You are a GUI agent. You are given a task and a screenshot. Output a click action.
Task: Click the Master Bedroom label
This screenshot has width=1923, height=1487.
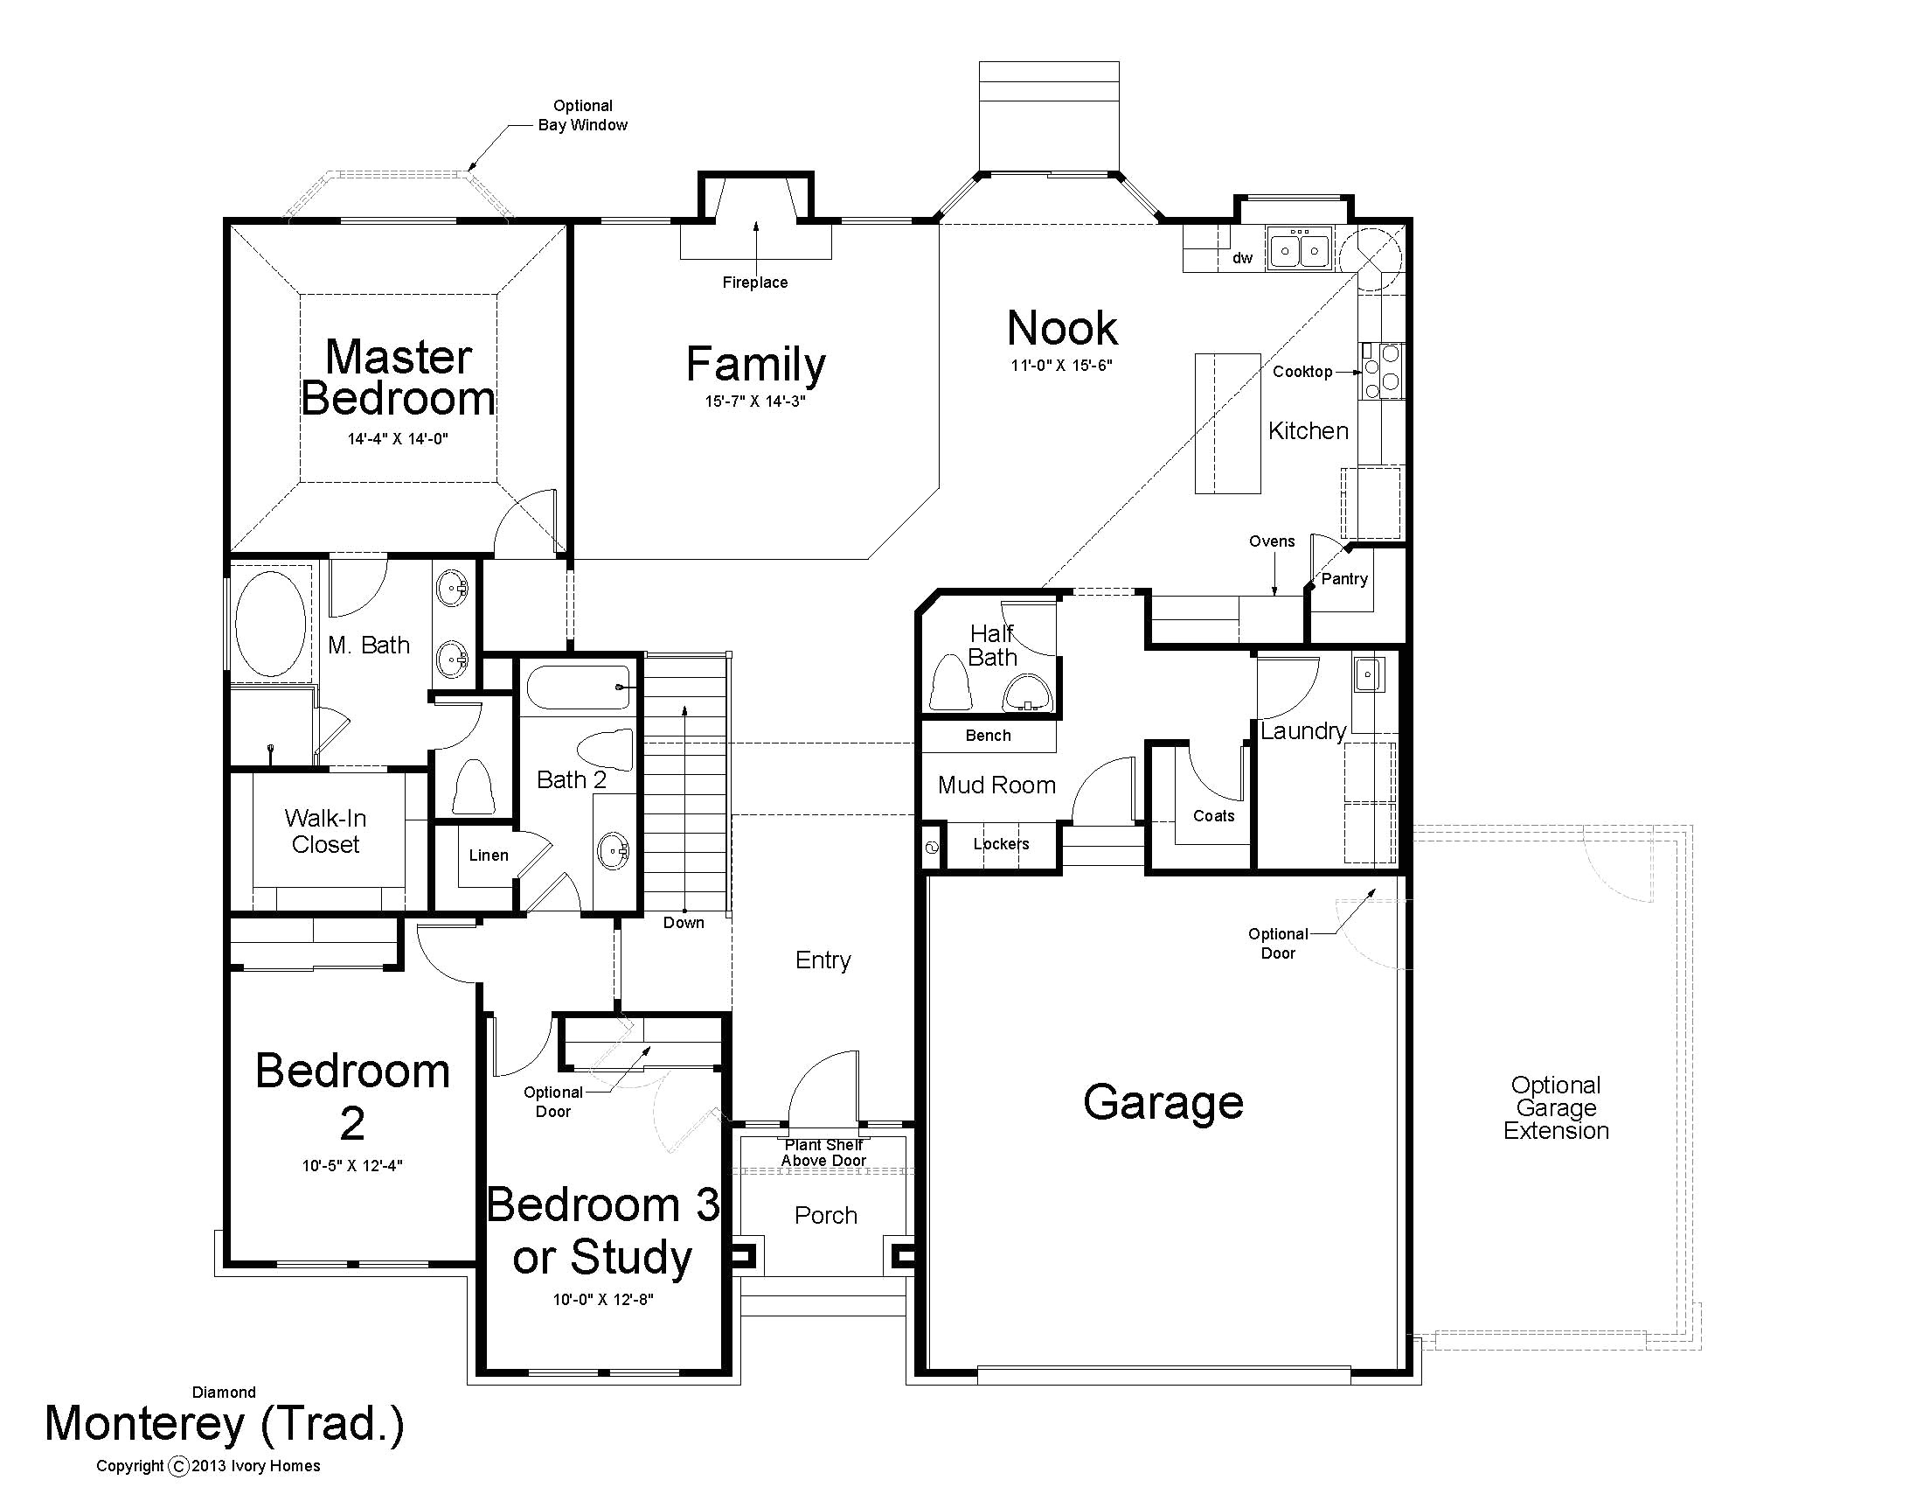point(398,377)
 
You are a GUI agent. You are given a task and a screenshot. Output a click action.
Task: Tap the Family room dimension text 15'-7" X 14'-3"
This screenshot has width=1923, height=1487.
point(755,401)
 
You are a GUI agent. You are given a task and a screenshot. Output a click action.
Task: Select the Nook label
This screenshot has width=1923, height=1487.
point(1062,328)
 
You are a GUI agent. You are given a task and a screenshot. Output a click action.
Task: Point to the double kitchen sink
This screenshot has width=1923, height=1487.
point(1300,250)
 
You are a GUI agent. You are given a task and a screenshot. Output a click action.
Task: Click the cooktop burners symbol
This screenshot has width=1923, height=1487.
point(1383,371)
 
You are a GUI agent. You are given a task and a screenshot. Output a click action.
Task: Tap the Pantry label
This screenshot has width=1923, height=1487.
point(1344,579)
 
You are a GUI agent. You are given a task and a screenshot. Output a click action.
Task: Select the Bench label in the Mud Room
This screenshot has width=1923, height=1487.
point(988,736)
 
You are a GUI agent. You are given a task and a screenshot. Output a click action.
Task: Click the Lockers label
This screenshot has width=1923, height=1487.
point(1001,844)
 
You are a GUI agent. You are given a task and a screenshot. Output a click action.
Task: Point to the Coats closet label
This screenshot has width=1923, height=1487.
point(1213,816)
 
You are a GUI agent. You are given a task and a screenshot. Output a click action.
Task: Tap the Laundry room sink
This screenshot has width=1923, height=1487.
point(1368,674)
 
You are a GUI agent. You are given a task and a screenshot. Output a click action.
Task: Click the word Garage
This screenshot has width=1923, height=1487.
point(1163,1102)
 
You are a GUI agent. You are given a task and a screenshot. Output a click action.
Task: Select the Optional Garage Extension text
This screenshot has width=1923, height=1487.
point(1556,1108)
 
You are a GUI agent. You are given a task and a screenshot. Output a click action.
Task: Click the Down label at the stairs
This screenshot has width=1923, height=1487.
point(684,922)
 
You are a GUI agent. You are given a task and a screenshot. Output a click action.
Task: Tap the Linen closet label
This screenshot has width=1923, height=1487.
point(489,855)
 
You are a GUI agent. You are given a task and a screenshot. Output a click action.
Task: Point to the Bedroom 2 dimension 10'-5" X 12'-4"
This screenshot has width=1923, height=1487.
point(352,1165)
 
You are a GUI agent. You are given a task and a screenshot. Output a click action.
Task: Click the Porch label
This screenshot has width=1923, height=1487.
point(826,1216)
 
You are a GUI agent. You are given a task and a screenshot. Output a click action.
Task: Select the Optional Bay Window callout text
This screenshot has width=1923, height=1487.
point(583,115)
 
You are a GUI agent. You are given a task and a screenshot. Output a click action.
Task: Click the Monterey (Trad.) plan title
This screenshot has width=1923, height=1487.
point(225,1424)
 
